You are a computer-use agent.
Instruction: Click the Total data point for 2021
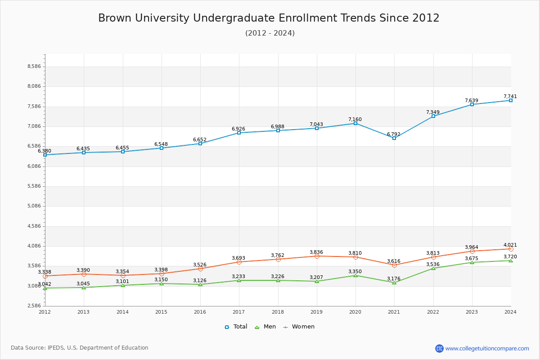[x=394, y=138]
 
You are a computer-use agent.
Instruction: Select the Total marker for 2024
[x=511, y=100]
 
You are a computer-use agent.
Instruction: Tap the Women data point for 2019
[x=317, y=256]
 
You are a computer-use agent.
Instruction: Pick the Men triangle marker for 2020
[x=355, y=275]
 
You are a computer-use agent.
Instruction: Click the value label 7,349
[x=433, y=112]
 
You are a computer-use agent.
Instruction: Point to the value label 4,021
[x=510, y=245]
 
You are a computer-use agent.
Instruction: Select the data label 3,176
[x=394, y=279]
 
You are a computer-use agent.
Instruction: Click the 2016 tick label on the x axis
[x=200, y=312]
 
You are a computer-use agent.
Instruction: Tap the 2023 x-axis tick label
[x=472, y=312]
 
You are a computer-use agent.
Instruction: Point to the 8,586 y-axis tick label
[x=34, y=67]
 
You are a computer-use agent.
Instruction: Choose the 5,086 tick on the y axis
[x=34, y=206]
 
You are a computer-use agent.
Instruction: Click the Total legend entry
[x=236, y=327]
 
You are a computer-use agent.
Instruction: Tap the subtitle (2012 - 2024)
[x=270, y=33]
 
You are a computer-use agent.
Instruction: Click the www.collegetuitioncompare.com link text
[x=487, y=348]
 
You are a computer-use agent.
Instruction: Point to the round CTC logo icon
[x=439, y=348]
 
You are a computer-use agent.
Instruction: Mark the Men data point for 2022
[x=433, y=268]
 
